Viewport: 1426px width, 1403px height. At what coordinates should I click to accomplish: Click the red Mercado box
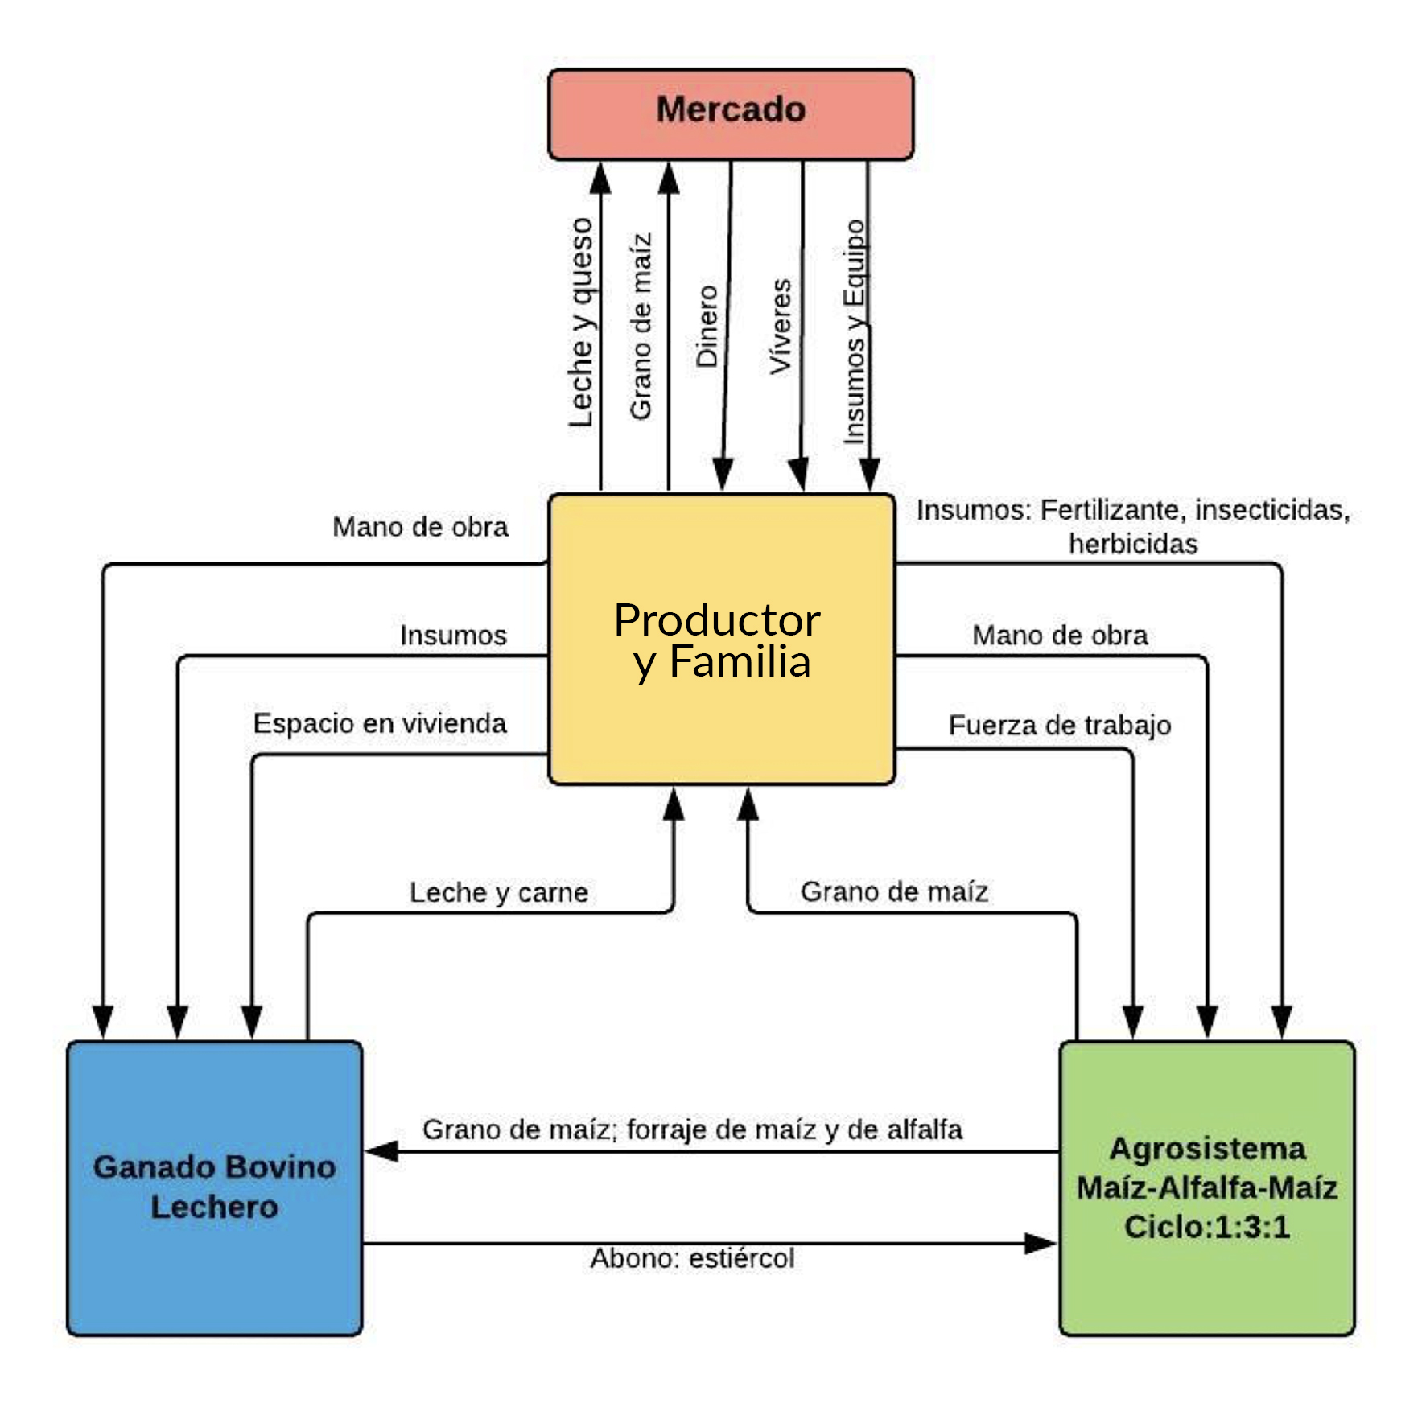pyautogui.click(x=731, y=114)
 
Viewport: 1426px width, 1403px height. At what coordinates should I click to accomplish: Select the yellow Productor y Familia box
pyautogui.click(x=721, y=640)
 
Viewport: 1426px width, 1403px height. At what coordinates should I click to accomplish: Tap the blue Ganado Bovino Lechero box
pyautogui.click(x=214, y=1188)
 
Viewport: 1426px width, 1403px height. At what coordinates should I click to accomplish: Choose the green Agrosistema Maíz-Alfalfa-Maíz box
pyautogui.click(x=1207, y=1188)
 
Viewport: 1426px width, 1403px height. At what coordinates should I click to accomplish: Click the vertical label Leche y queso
pyautogui.click(x=581, y=323)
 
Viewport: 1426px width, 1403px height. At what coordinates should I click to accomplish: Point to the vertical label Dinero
pyautogui.click(x=707, y=327)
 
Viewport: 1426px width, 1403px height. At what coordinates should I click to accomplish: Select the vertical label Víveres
pyautogui.click(x=781, y=327)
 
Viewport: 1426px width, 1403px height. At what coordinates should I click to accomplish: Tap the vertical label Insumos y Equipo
pyautogui.click(x=855, y=331)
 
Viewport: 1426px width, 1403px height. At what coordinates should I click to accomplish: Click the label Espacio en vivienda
pyautogui.click(x=380, y=723)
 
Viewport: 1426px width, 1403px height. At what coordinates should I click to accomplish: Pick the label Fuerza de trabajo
pyautogui.click(x=1059, y=725)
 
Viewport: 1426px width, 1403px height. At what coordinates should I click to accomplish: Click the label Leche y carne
pyautogui.click(x=499, y=892)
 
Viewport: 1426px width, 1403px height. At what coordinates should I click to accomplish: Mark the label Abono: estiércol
pyautogui.click(x=692, y=1258)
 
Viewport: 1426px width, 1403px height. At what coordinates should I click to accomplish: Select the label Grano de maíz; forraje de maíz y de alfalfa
pyautogui.click(x=692, y=1129)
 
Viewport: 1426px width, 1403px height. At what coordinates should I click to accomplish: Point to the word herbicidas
pyautogui.click(x=1133, y=544)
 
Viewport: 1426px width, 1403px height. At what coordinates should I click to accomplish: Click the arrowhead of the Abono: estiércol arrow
pyautogui.click(x=1041, y=1244)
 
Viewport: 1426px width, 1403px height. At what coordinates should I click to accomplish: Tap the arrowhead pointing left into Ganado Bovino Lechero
pyautogui.click(x=381, y=1151)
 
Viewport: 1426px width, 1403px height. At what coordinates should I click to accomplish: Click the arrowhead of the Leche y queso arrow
pyautogui.click(x=600, y=179)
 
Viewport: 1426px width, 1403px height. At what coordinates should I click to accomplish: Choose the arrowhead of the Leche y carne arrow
pyautogui.click(x=674, y=804)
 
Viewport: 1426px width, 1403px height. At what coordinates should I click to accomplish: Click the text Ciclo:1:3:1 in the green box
pyautogui.click(x=1207, y=1227)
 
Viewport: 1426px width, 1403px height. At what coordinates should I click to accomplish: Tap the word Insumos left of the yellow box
pyautogui.click(x=453, y=635)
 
